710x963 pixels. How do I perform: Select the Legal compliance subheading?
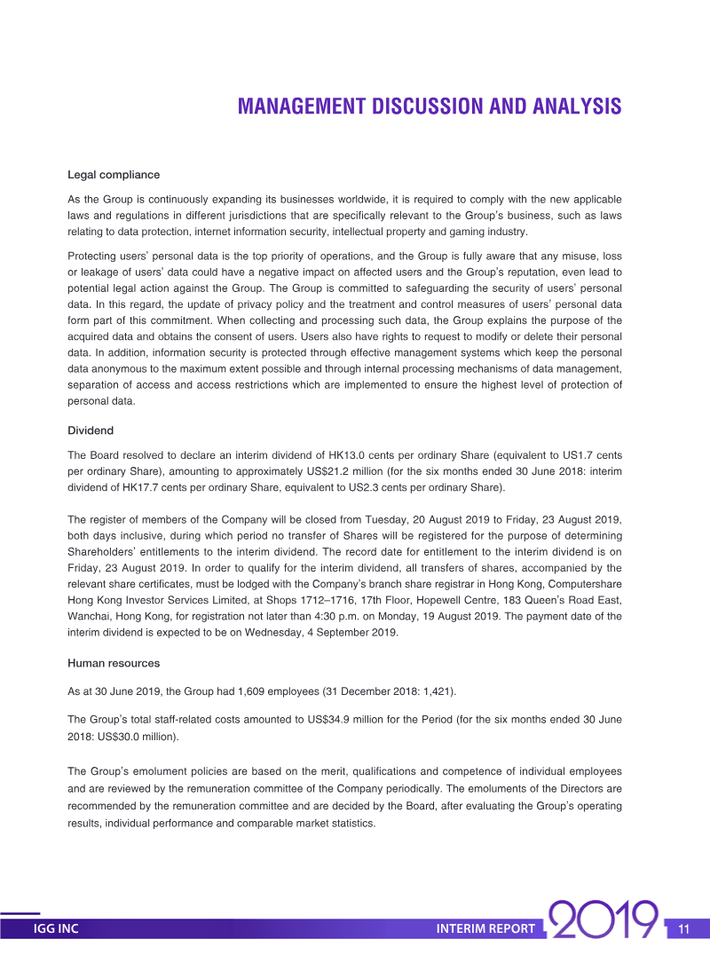(x=114, y=175)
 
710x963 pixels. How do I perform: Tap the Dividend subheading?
(x=91, y=430)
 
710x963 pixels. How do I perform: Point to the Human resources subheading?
(x=114, y=662)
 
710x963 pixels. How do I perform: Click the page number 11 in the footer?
(x=683, y=929)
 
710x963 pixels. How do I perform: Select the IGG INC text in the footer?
(x=56, y=929)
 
